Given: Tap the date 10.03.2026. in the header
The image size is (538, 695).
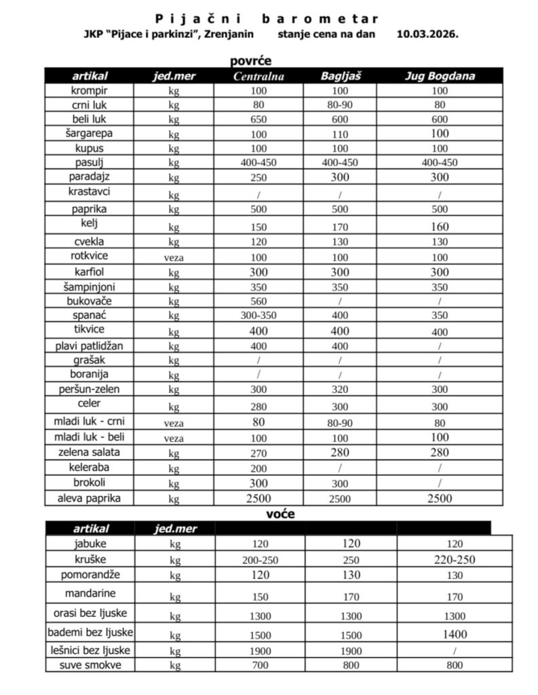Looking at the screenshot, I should coord(427,33).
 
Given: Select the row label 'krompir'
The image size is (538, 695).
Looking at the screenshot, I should coord(90,90).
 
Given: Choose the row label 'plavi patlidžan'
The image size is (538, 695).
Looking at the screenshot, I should coord(90,345).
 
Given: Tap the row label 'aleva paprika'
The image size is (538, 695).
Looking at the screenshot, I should coord(90,499).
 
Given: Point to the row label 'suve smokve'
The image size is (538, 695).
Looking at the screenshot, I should coord(90,664).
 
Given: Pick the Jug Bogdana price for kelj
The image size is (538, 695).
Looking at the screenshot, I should coord(440,227).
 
